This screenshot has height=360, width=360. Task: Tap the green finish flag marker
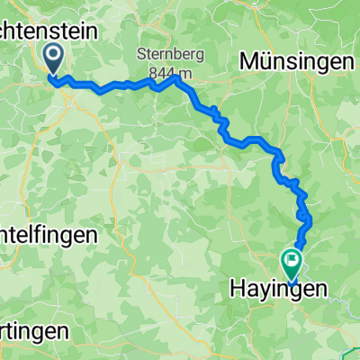click(x=292, y=263)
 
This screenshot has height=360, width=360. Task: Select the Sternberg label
click(x=171, y=54)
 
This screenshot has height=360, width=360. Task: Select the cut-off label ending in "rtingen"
click(x=34, y=330)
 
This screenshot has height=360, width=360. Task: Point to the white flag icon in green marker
click(x=292, y=260)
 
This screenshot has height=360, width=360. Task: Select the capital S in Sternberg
click(x=142, y=54)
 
